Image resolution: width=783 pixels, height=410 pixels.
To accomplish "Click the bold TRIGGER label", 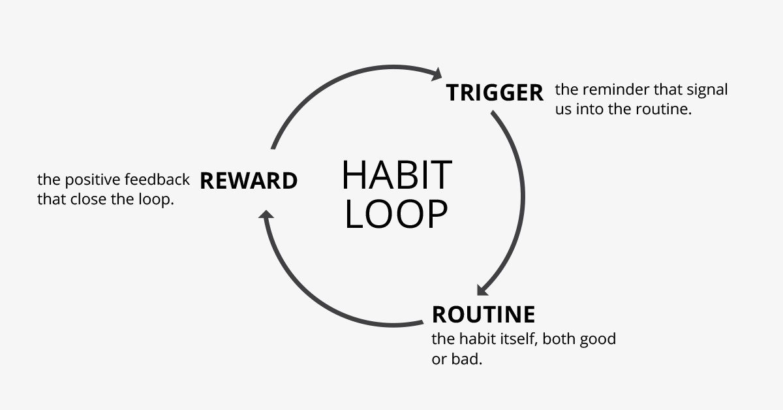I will [495, 93].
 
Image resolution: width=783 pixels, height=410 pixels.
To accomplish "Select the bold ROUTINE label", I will [484, 315].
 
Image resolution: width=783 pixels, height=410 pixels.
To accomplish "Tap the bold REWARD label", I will [249, 181].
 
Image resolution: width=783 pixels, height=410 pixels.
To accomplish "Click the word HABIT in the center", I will [397, 175].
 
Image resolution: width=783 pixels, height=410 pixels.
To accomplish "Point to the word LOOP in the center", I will [396, 214].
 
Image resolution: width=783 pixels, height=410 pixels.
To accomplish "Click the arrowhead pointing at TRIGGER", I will [436, 73].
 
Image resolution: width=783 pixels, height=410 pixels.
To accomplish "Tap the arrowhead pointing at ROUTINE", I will [484, 289].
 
